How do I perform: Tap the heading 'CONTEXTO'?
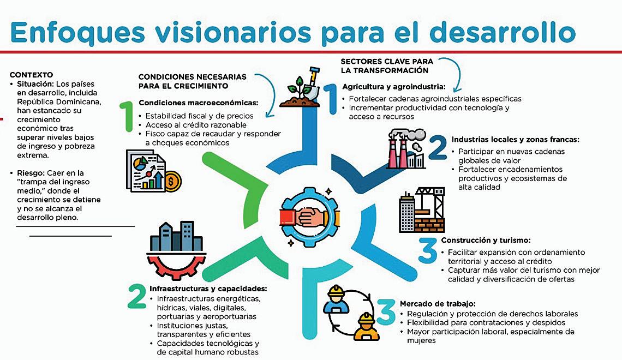click(31, 74)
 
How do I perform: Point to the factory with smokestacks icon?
click(407, 149)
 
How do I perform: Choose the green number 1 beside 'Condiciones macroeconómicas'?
click(127, 116)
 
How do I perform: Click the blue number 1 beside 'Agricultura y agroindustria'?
click(330, 98)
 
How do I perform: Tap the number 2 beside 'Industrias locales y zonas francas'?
click(438, 148)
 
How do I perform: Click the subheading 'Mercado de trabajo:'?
click(438, 303)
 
